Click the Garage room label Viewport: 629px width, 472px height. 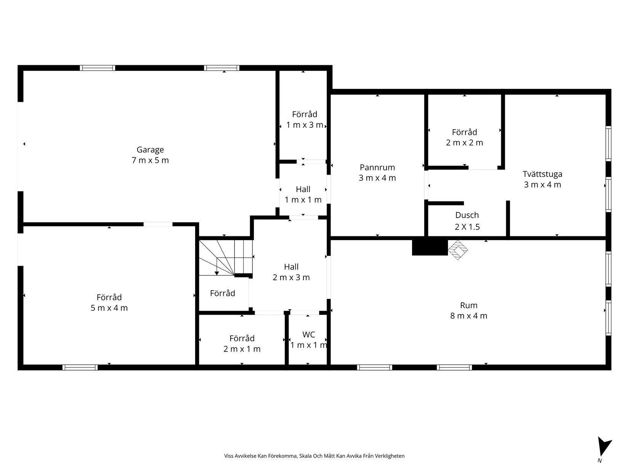pos(150,150)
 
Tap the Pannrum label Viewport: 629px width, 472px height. pos(377,167)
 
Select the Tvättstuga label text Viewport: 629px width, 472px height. pos(542,174)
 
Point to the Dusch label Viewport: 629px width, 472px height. pos(467,215)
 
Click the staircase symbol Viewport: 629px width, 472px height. pos(225,257)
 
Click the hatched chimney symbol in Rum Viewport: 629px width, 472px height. pos(457,250)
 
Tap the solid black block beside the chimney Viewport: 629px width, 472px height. pos(430,247)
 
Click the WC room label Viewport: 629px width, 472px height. pos(308,335)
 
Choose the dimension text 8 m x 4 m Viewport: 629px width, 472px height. pos(469,316)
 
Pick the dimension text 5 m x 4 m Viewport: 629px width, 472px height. pos(109,308)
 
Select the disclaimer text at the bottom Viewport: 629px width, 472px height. pos(314,456)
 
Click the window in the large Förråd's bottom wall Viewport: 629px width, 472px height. pos(80,368)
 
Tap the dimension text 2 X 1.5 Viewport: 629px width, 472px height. pos(467,227)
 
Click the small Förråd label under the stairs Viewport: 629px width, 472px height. pos(222,293)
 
